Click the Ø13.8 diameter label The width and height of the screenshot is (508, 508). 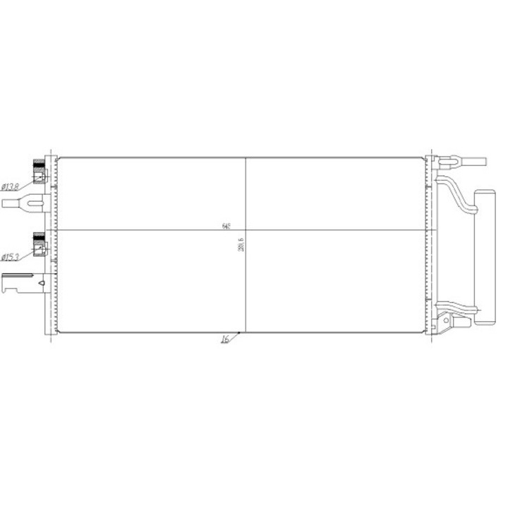point(10,186)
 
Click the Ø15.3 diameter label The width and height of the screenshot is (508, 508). point(10,257)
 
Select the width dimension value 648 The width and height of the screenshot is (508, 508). point(226,226)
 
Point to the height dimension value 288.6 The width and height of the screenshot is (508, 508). point(241,244)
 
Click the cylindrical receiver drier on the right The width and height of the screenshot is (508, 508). point(485,255)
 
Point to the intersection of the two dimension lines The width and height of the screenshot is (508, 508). point(245,230)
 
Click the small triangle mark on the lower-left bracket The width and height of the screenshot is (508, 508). point(42,284)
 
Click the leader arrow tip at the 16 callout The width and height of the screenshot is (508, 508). point(240,333)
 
